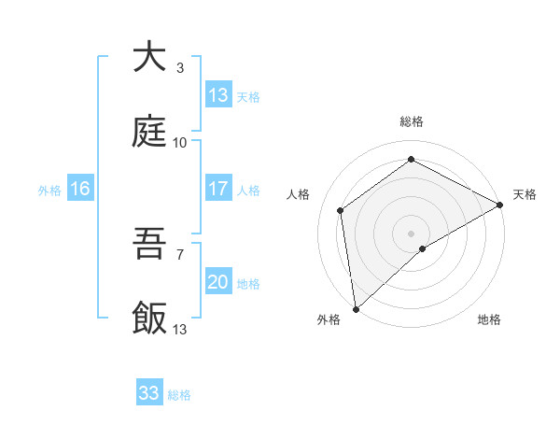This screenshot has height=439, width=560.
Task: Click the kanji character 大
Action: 149,58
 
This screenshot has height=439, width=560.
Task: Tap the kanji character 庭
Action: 149,133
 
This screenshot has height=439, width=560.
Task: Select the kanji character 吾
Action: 149,245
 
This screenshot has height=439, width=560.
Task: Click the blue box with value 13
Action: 218,95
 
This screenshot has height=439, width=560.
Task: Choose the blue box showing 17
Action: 218,189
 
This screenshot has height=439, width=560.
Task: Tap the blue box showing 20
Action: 218,282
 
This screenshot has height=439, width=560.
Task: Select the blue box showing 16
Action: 80,189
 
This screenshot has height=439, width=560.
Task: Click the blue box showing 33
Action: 149,393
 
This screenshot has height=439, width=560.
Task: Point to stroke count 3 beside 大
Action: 180,67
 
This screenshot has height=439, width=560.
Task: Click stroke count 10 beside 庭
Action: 180,142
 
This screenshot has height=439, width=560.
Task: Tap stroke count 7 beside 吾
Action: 180,254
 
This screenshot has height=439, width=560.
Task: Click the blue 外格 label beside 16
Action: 49,191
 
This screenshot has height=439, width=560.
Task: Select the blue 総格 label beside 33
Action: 179,395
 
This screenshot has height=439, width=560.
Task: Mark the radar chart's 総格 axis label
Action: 412,121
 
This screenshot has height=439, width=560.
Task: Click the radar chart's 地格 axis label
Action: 489,319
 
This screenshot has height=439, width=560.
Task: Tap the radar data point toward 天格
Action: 500,205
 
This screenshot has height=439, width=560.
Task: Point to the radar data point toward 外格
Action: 356,308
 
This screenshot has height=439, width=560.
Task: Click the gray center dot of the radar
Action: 412,233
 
